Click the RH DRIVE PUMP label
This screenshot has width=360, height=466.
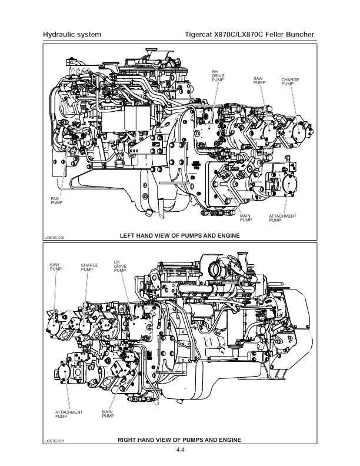(x=218, y=76)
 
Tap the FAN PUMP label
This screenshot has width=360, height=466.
(x=56, y=201)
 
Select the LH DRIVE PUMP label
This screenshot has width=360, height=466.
(x=120, y=267)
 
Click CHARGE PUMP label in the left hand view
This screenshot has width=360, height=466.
(x=290, y=82)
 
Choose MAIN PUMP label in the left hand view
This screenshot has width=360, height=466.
(x=246, y=218)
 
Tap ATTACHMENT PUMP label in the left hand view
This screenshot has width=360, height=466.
(x=282, y=218)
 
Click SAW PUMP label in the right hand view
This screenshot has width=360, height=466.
(x=56, y=267)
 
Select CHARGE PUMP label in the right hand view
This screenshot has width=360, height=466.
(x=89, y=267)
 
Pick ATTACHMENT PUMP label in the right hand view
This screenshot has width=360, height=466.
(x=69, y=414)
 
